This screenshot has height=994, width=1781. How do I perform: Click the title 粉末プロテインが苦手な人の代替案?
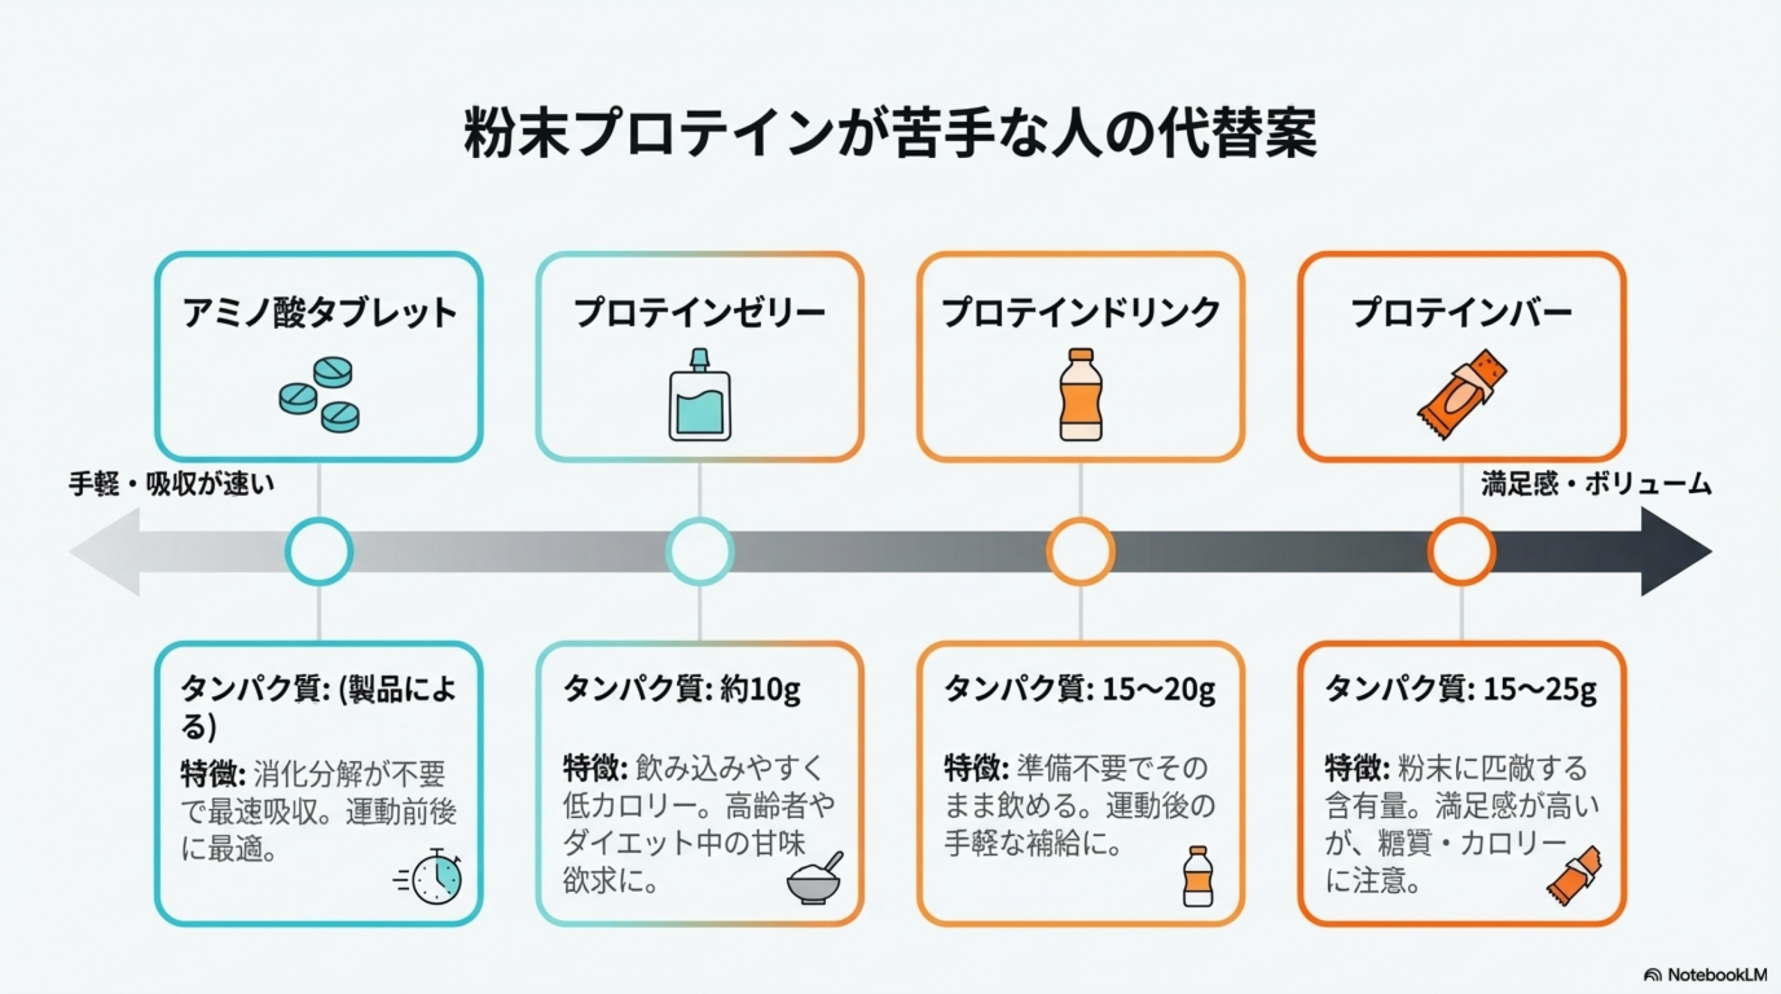(x=890, y=132)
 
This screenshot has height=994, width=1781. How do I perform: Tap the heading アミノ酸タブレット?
(x=319, y=312)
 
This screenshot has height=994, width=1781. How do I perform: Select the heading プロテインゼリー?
(x=699, y=312)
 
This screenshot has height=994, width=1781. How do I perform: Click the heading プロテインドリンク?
(x=1080, y=312)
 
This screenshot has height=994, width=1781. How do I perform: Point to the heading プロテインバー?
(x=1461, y=312)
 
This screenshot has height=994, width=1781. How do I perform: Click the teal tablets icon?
(x=320, y=395)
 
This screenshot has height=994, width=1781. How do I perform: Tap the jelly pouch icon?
(x=700, y=396)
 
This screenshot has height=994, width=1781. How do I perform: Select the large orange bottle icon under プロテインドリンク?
(x=1080, y=394)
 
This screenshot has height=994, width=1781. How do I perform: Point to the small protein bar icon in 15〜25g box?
(x=1574, y=876)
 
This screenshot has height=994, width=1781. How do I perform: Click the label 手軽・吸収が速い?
(x=171, y=484)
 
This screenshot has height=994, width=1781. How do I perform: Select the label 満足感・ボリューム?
(x=1596, y=484)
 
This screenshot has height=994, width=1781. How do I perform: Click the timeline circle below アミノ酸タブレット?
(x=319, y=552)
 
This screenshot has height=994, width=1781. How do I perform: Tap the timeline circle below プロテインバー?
(x=1461, y=552)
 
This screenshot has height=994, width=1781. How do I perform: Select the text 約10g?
(x=760, y=689)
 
